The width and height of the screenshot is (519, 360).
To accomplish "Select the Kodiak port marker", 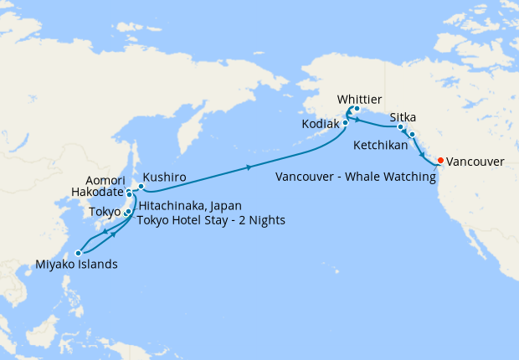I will (344, 123).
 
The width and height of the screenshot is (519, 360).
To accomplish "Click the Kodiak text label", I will (321, 123).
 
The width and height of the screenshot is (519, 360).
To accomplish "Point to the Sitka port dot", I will (401, 127).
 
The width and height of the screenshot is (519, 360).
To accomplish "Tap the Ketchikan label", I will (382, 145).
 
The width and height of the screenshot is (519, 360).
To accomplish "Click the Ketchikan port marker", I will (412, 134).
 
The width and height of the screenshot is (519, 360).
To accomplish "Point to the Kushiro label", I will (164, 177).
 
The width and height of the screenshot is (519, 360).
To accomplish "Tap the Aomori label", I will (105, 180).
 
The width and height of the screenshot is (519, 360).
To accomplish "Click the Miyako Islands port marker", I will (78, 252).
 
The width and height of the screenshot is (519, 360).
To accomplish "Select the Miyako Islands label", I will (76, 265).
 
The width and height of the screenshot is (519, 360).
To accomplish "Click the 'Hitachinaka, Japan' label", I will (183, 206).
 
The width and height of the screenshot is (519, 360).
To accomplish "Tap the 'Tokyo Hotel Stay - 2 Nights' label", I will (211, 220).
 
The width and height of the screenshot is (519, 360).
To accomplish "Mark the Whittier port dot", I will (356, 109).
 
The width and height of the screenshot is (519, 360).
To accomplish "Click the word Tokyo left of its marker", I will (105, 212).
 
